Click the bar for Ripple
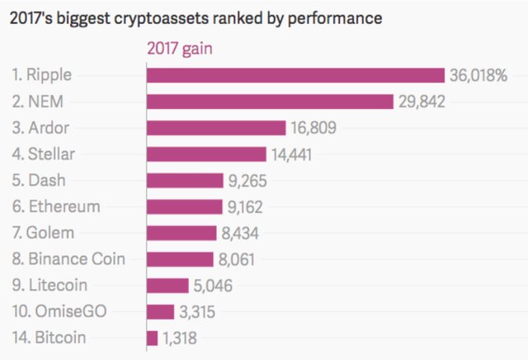tap(295, 75)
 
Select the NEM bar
tap(270, 102)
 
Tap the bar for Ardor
tap(216, 128)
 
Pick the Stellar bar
tap(206, 154)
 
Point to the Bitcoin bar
tap(152, 338)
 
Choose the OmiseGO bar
tap(160, 311)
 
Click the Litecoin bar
tap(167, 286)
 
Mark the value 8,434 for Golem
tap(244, 234)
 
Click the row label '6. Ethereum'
tap(55, 206)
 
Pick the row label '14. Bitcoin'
tap(49, 338)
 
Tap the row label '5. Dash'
tap(40, 180)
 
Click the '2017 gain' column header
tap(179, 49)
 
